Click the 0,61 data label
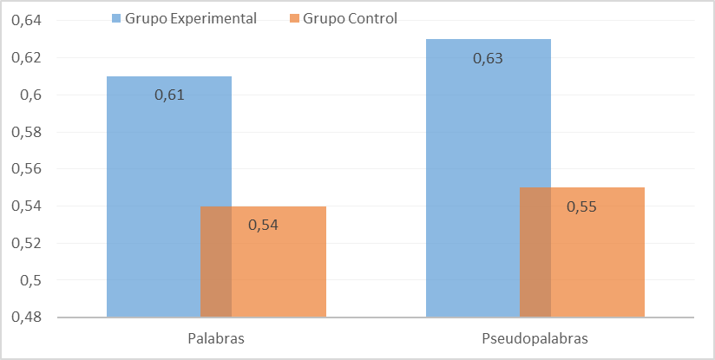coord(169,95)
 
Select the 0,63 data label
coord(489,59)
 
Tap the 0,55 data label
coord(582,206)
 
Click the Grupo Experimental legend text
coord(191,18)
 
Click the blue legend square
coord(117,18)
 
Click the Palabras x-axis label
coord(216,337)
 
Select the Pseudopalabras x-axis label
coord(535,337)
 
